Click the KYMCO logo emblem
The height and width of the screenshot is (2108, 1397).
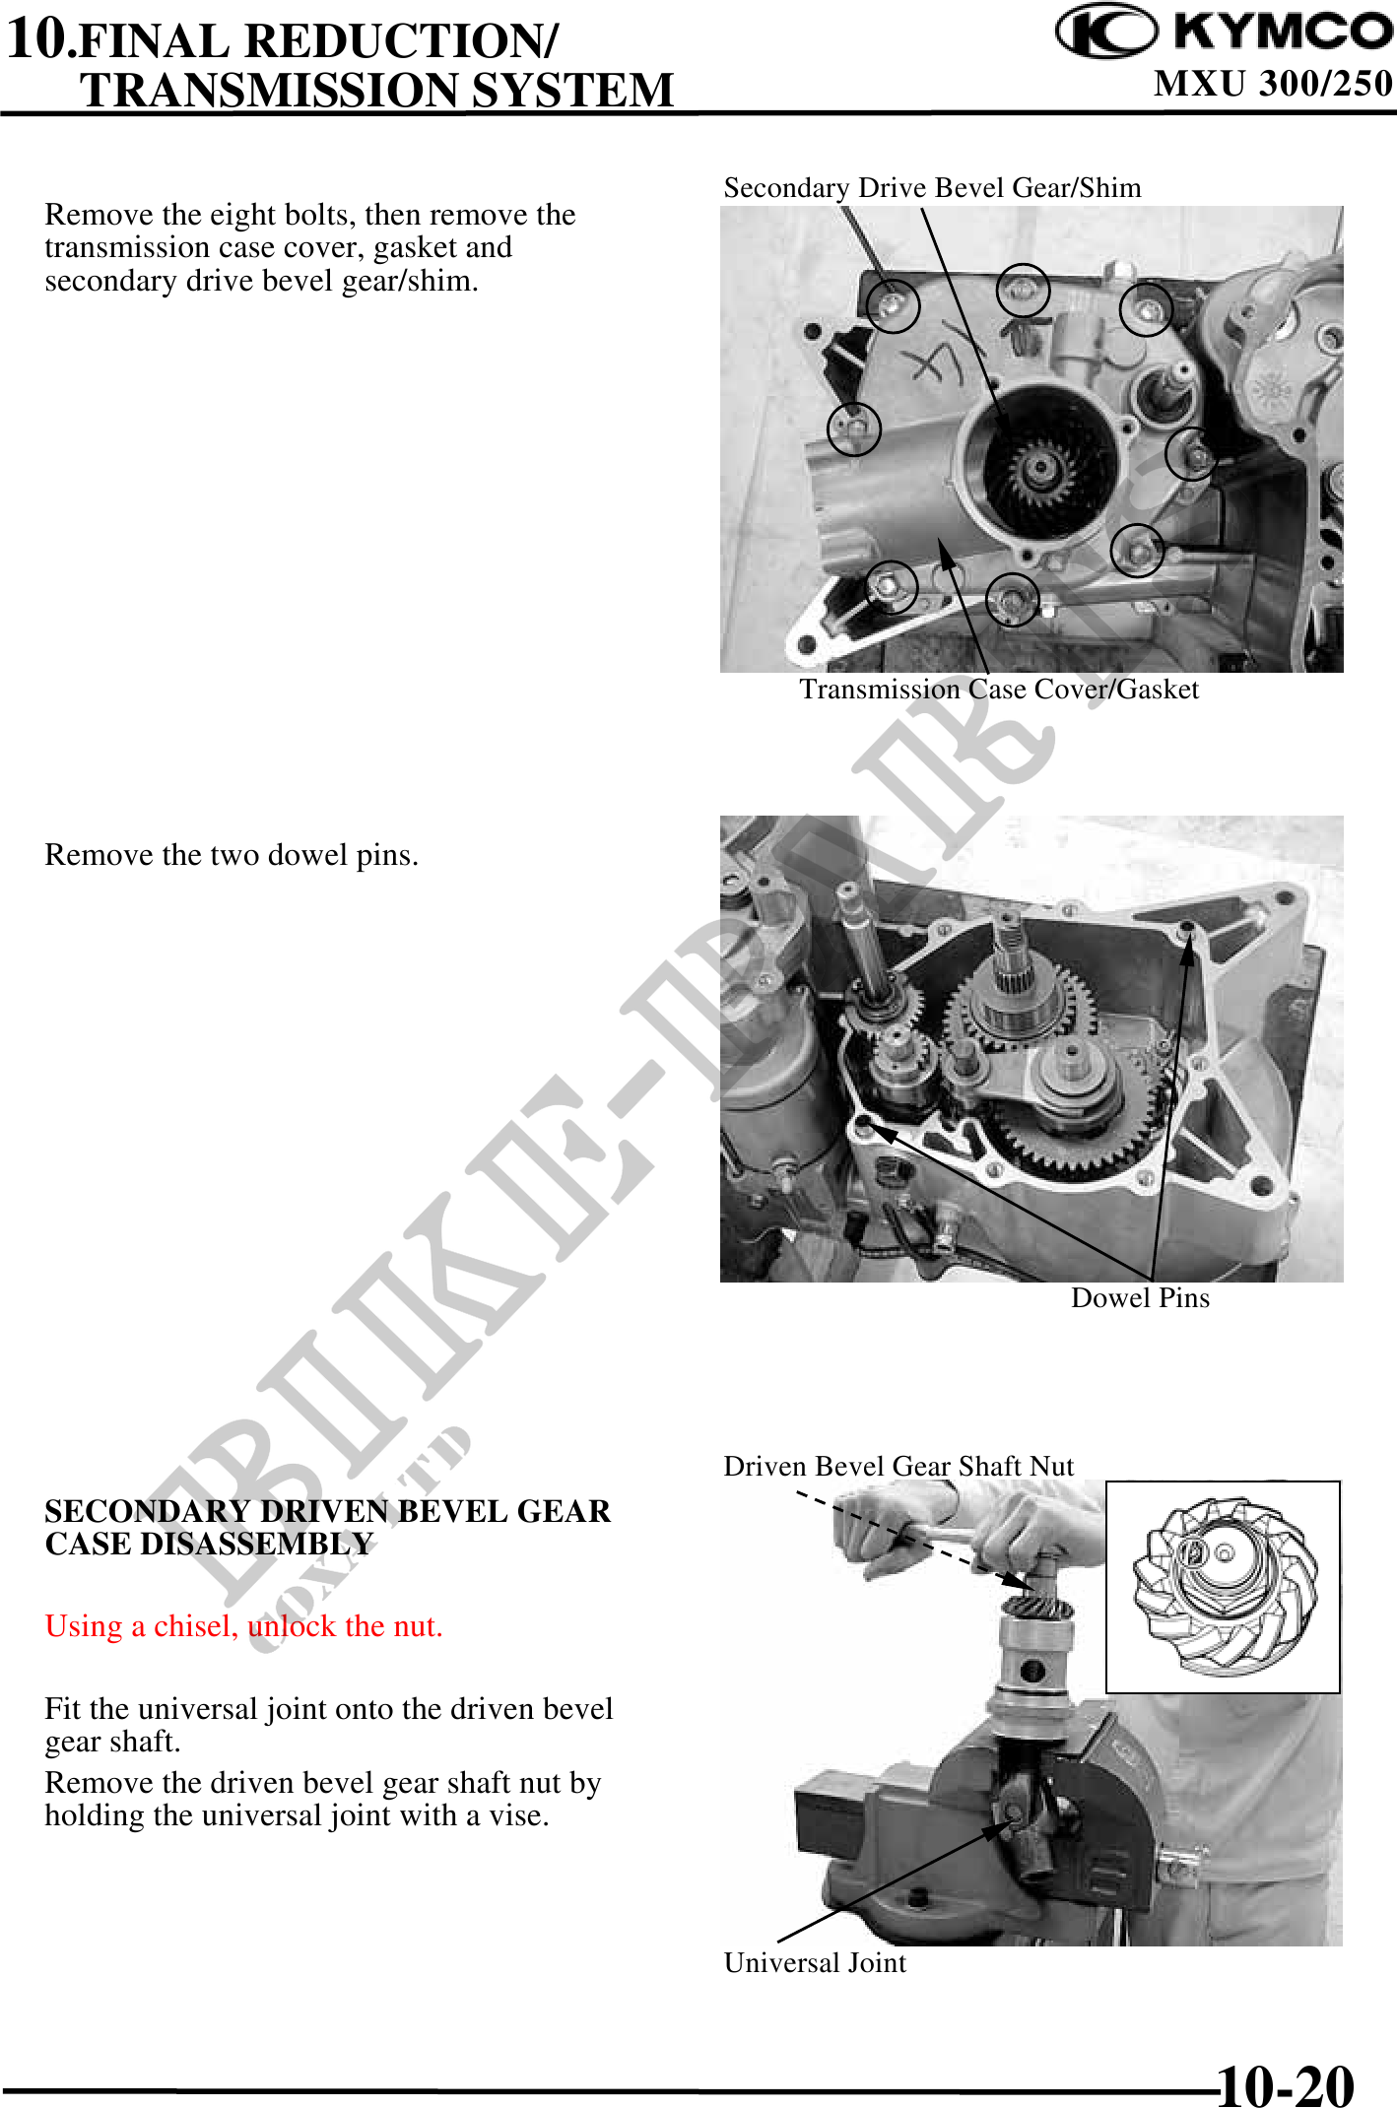coord(1105,32)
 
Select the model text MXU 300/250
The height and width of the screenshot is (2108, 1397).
coord(1273,83)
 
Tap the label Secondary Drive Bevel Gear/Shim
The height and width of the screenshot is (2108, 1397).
coord(932,187)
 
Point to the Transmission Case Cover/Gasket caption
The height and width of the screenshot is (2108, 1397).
coord(999,689)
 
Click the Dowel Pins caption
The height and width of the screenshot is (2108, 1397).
coord(1140,1297)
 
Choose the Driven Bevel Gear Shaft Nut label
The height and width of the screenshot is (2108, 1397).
coord(898,1466)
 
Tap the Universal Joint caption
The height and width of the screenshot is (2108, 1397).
coord(815,1962)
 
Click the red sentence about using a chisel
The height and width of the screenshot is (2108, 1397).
coord(243,1625)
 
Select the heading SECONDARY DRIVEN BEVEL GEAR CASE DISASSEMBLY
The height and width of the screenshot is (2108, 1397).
coord(328,1527)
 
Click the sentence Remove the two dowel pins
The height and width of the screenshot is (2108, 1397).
coord(232,854)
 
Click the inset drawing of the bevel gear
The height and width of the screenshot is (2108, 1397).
coord(1223,1587)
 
